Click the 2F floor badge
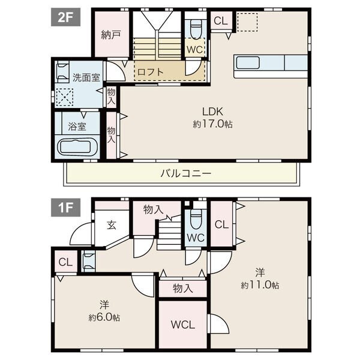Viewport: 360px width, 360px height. (x=65, y=17)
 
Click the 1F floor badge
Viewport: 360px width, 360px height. (x=65, y=208)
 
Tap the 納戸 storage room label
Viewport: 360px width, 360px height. (x=111, y=35)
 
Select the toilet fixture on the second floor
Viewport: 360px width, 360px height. (x=196, y=29)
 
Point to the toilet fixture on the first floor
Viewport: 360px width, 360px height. (x=196, y=219)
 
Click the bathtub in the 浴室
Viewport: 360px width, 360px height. (x=77, y=146)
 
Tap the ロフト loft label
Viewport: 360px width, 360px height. (x=151, y=72)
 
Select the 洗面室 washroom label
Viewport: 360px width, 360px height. (x=86, y=77)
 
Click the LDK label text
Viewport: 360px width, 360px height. (x=212, y=112)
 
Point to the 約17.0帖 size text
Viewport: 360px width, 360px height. (x=212, y=124)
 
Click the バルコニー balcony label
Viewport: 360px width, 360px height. (x=186, y=173)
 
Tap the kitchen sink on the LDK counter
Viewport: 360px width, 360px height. (x=248, y=62)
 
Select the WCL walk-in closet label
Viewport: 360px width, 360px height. (x=183, y=325)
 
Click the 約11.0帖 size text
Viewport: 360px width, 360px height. (x=260, y=285)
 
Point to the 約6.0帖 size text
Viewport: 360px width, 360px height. (x=104, y=317)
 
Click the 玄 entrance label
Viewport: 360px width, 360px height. (x=112, y=225)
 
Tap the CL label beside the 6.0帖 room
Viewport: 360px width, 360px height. (x=65, y=262)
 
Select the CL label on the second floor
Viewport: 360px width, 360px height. (x=221, y=21)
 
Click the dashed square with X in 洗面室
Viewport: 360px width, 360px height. (x=65, y=97)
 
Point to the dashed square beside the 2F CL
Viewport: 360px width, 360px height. (x=247, y=22)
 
